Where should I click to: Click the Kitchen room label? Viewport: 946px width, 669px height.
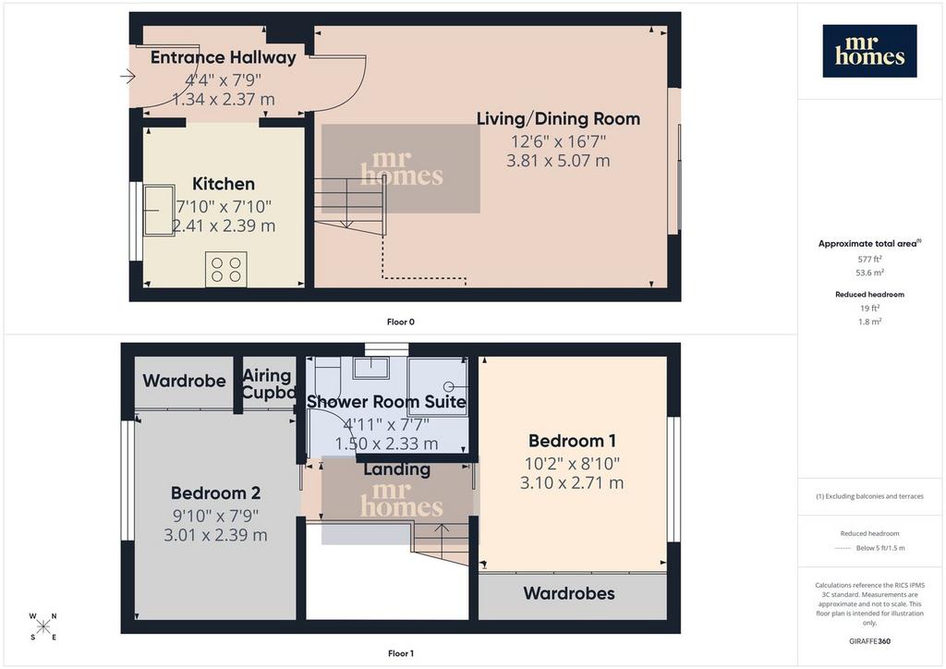tap(224, 183)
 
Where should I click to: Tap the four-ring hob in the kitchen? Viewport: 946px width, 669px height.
tap(226, 269)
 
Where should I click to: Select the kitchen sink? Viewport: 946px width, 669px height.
tap(159, 210)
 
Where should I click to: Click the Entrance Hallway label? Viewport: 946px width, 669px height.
tap(224, 57)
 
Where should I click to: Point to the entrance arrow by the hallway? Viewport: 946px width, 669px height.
tap(127, 77)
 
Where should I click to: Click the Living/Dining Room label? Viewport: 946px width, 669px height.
tap(558, 119)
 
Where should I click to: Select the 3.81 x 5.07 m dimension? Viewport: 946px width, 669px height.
tap(558, 161)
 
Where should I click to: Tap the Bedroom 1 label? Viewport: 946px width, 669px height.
tap(572, 441)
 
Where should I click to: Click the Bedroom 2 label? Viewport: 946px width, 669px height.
tap(215, 493)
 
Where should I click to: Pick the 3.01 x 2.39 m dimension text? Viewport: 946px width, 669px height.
tap(215, 535)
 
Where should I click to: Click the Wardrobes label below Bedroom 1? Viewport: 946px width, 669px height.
tap(569, 593)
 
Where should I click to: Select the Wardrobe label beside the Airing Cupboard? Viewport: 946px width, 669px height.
tap(184, 381)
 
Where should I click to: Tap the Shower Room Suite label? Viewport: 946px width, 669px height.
tap(386, 401)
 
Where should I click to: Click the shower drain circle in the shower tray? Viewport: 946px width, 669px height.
tap(448, 386)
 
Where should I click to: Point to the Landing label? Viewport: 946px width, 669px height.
tap(397, 469)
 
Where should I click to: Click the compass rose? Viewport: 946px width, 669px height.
tap(42, 626)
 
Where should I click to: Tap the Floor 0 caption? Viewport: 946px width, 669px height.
tap(401, 322)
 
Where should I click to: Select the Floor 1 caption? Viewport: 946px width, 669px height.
tap(401, 653)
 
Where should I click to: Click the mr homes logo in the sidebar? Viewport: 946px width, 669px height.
tap(869, 51)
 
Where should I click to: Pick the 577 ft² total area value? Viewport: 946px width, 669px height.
tap(869, 259)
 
